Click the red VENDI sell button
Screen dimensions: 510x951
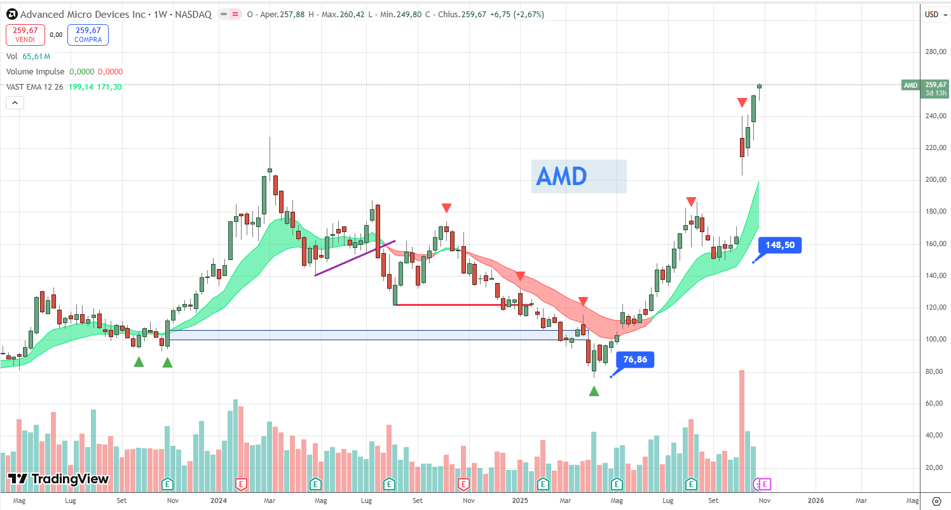[25, 34]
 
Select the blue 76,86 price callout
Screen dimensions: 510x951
[634, 360]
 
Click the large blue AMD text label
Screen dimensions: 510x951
[578, 176]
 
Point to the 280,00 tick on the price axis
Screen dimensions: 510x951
[936, 52]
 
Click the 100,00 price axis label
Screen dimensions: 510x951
[936, 340]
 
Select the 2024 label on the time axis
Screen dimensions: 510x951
[218, 500]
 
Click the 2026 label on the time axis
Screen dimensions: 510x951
[816, 500]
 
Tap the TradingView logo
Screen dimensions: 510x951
[58, 479]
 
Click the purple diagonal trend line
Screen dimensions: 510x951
[355, 258]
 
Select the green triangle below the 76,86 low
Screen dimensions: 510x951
[594, 391]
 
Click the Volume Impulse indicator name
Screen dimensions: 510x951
[36, 72]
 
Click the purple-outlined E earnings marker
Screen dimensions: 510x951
[765, 485]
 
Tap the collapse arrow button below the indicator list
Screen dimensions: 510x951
[15, 102]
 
